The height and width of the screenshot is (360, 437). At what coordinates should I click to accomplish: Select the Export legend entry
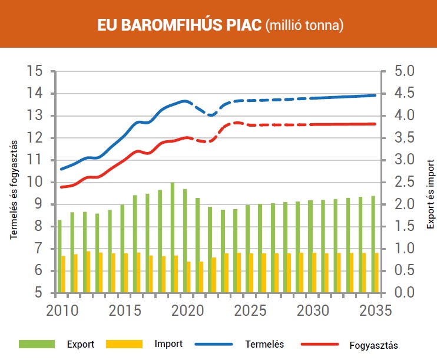[79, 344]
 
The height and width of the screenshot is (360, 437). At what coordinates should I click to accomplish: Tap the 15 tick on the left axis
[37, 71]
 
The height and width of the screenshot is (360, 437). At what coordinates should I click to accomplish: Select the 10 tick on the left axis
[37, 182]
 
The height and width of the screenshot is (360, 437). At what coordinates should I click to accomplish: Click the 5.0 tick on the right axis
[403, 71]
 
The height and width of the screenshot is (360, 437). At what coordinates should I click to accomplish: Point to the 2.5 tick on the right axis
[403, 182]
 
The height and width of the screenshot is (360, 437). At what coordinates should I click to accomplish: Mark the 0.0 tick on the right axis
[403, 293]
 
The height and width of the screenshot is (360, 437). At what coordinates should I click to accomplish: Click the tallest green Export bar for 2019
[173, 238]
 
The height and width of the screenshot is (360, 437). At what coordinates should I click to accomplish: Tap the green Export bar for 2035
[373, 245]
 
